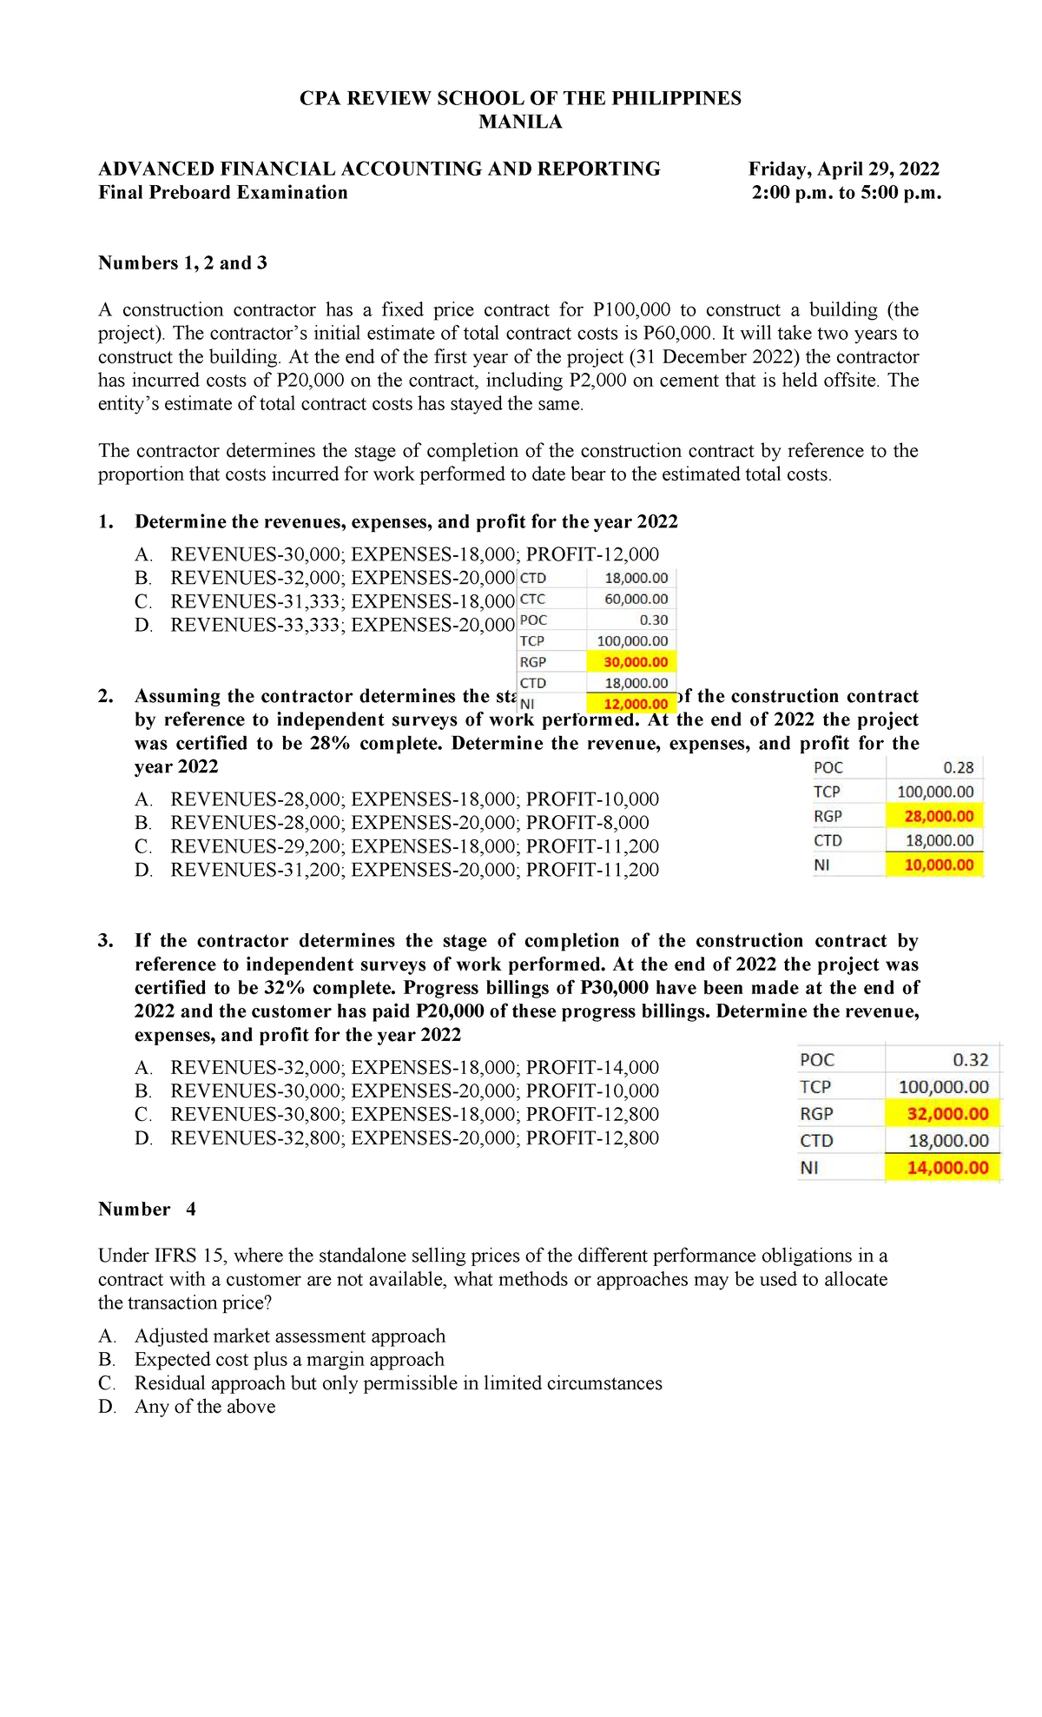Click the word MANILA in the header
520,122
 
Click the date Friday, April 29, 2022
844,169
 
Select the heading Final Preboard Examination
223,193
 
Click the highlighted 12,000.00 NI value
636,704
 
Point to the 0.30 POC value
653,620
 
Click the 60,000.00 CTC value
636,599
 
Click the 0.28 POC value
958,767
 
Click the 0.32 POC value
970,1060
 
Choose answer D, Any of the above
204,1407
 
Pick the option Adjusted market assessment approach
289,1336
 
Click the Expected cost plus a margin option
288,1360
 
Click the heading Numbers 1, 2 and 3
182,263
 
